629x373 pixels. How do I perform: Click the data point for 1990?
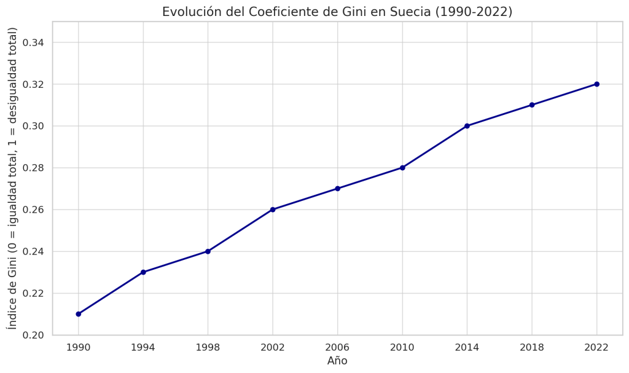click(79, 314)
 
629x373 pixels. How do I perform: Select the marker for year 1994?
click(143, 272)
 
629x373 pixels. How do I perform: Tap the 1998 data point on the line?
click(208, 251)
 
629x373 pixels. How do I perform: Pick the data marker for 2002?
click(273, 210)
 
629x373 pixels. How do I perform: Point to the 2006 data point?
click(337, 189)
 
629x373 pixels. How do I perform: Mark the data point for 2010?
click(402, 168)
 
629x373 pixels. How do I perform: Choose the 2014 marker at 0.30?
click(467, 126)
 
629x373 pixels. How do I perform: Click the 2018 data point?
click(532, 105)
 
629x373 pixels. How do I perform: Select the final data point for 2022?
click(596, 84)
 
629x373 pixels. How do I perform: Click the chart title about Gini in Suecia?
click(337, 12)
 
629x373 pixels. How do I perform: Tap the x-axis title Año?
click(337, 361)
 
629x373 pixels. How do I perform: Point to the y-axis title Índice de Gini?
click(12, 178)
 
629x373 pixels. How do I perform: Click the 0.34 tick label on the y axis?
click(33, 42)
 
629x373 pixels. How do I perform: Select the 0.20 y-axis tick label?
click(33, 335)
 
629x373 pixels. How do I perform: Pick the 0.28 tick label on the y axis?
click(33, 168)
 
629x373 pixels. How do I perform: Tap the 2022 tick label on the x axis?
click(596, 347)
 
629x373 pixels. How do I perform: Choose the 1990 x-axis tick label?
click(79, 347)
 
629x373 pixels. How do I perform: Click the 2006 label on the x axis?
click(337, 347)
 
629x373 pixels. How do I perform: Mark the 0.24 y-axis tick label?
click(33, 251)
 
